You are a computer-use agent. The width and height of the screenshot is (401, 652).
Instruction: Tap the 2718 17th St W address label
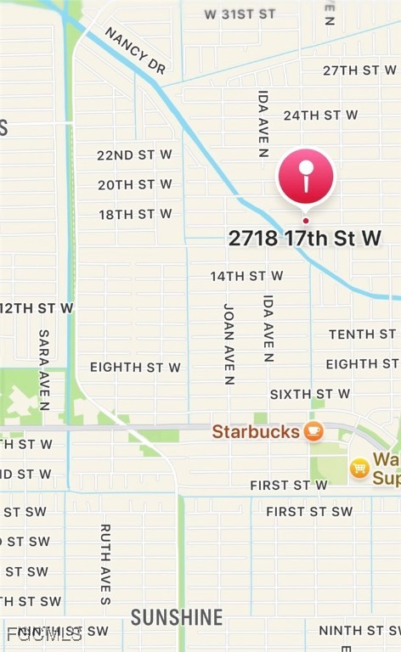(x=304, y=239)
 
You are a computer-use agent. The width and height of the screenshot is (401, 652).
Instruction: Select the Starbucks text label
(x=255, y=431)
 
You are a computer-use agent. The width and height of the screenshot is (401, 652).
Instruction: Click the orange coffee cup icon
(x=313, y=431)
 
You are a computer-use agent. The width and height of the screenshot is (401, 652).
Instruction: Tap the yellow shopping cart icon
(x=359, y=467)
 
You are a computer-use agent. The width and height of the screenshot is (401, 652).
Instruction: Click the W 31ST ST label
(x=240, y=14)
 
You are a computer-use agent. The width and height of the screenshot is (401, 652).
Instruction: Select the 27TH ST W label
(x=359, y=70)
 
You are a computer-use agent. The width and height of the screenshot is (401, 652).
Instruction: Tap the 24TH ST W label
(x=320, y=115)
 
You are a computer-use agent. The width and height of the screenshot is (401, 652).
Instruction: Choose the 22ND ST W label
(x=134, y=155)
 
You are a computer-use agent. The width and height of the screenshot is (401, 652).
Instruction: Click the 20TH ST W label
(x=134, y=184)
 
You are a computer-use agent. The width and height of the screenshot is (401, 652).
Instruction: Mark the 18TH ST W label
(x=135, y=214)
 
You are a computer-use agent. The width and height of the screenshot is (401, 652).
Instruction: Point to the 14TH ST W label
(x=246, y=276)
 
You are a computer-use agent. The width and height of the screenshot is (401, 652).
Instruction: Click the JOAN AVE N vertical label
(x=229, y=344)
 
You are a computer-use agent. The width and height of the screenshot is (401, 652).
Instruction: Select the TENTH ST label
(x=362, y=334)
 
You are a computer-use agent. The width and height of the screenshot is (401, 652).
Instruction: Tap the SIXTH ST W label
(x=309, y=394)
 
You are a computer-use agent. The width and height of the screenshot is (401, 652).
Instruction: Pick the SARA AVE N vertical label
(x=44, y=370)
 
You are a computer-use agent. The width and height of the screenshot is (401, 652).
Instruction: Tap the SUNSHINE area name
(x=177, y=617)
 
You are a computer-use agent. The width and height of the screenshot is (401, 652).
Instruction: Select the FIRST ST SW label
(x=308, y=511)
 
